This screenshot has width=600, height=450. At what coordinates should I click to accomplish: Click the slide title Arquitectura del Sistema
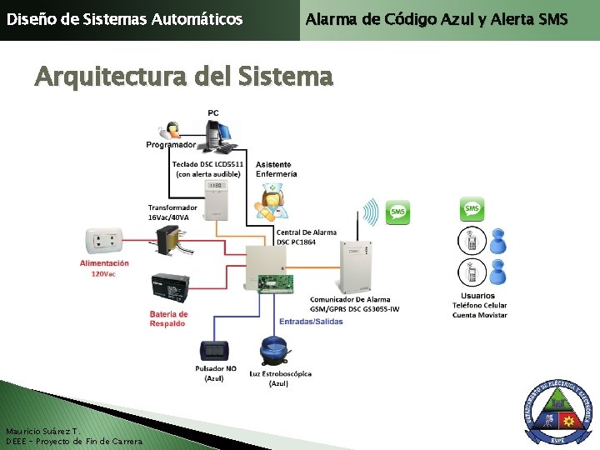tap(183, 77)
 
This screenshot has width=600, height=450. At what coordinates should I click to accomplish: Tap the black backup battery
tap(170, 290)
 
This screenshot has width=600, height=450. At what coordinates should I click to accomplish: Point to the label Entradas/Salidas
tap(311, 322)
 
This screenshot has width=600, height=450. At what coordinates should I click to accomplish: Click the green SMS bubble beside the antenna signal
tap(399, 212)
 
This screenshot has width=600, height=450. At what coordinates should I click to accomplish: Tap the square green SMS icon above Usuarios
tap(472, 208)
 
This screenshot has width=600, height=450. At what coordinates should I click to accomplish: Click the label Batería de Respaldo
tap(168, 318)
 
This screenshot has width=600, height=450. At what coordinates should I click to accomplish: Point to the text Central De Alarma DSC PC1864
tap(307, 237)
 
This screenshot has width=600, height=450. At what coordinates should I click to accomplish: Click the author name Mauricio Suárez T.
tap(42, 432)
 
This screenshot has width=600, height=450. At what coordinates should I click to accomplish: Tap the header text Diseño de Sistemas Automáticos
tap(125, 18)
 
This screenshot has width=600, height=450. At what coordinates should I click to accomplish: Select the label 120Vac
tap(103, 273)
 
